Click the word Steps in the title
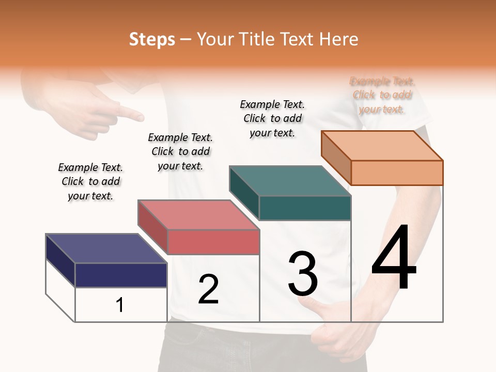tap(152, 39)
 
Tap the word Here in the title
tap(339, 39)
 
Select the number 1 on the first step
tap(120, 305)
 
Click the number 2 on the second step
tap(208, 289)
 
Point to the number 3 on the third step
tap(303, 274)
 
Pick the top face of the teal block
tap(289, 181)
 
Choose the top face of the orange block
tap(382, 146)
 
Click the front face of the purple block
tap(121, 275)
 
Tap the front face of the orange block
tap(397, 173)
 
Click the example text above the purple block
tap(90, 181)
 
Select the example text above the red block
tap(180, 151)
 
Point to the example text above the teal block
tap(272, 118)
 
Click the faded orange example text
tap(382, 95)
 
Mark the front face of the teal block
tap(305, 208)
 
